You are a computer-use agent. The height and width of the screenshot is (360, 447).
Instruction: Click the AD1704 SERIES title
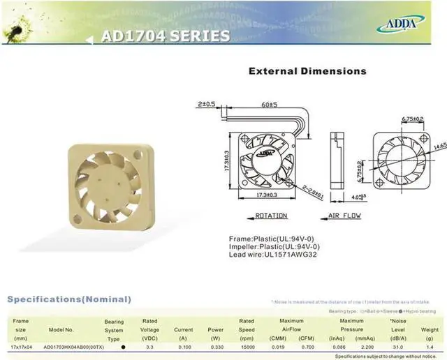(x=165, y=36)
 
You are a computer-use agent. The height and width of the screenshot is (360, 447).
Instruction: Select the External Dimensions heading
(x=307, y=71)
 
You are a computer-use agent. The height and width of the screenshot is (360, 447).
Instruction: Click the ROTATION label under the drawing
(x=271, y=216)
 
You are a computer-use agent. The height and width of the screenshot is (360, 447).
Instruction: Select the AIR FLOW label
(x=344, y=216)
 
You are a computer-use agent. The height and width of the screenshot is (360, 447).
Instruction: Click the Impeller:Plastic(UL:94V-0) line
(x=274, y=247)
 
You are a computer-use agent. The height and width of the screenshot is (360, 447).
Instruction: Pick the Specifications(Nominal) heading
(x=69, y=299)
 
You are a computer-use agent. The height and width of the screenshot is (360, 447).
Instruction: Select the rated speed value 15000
(x=247, y=347)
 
